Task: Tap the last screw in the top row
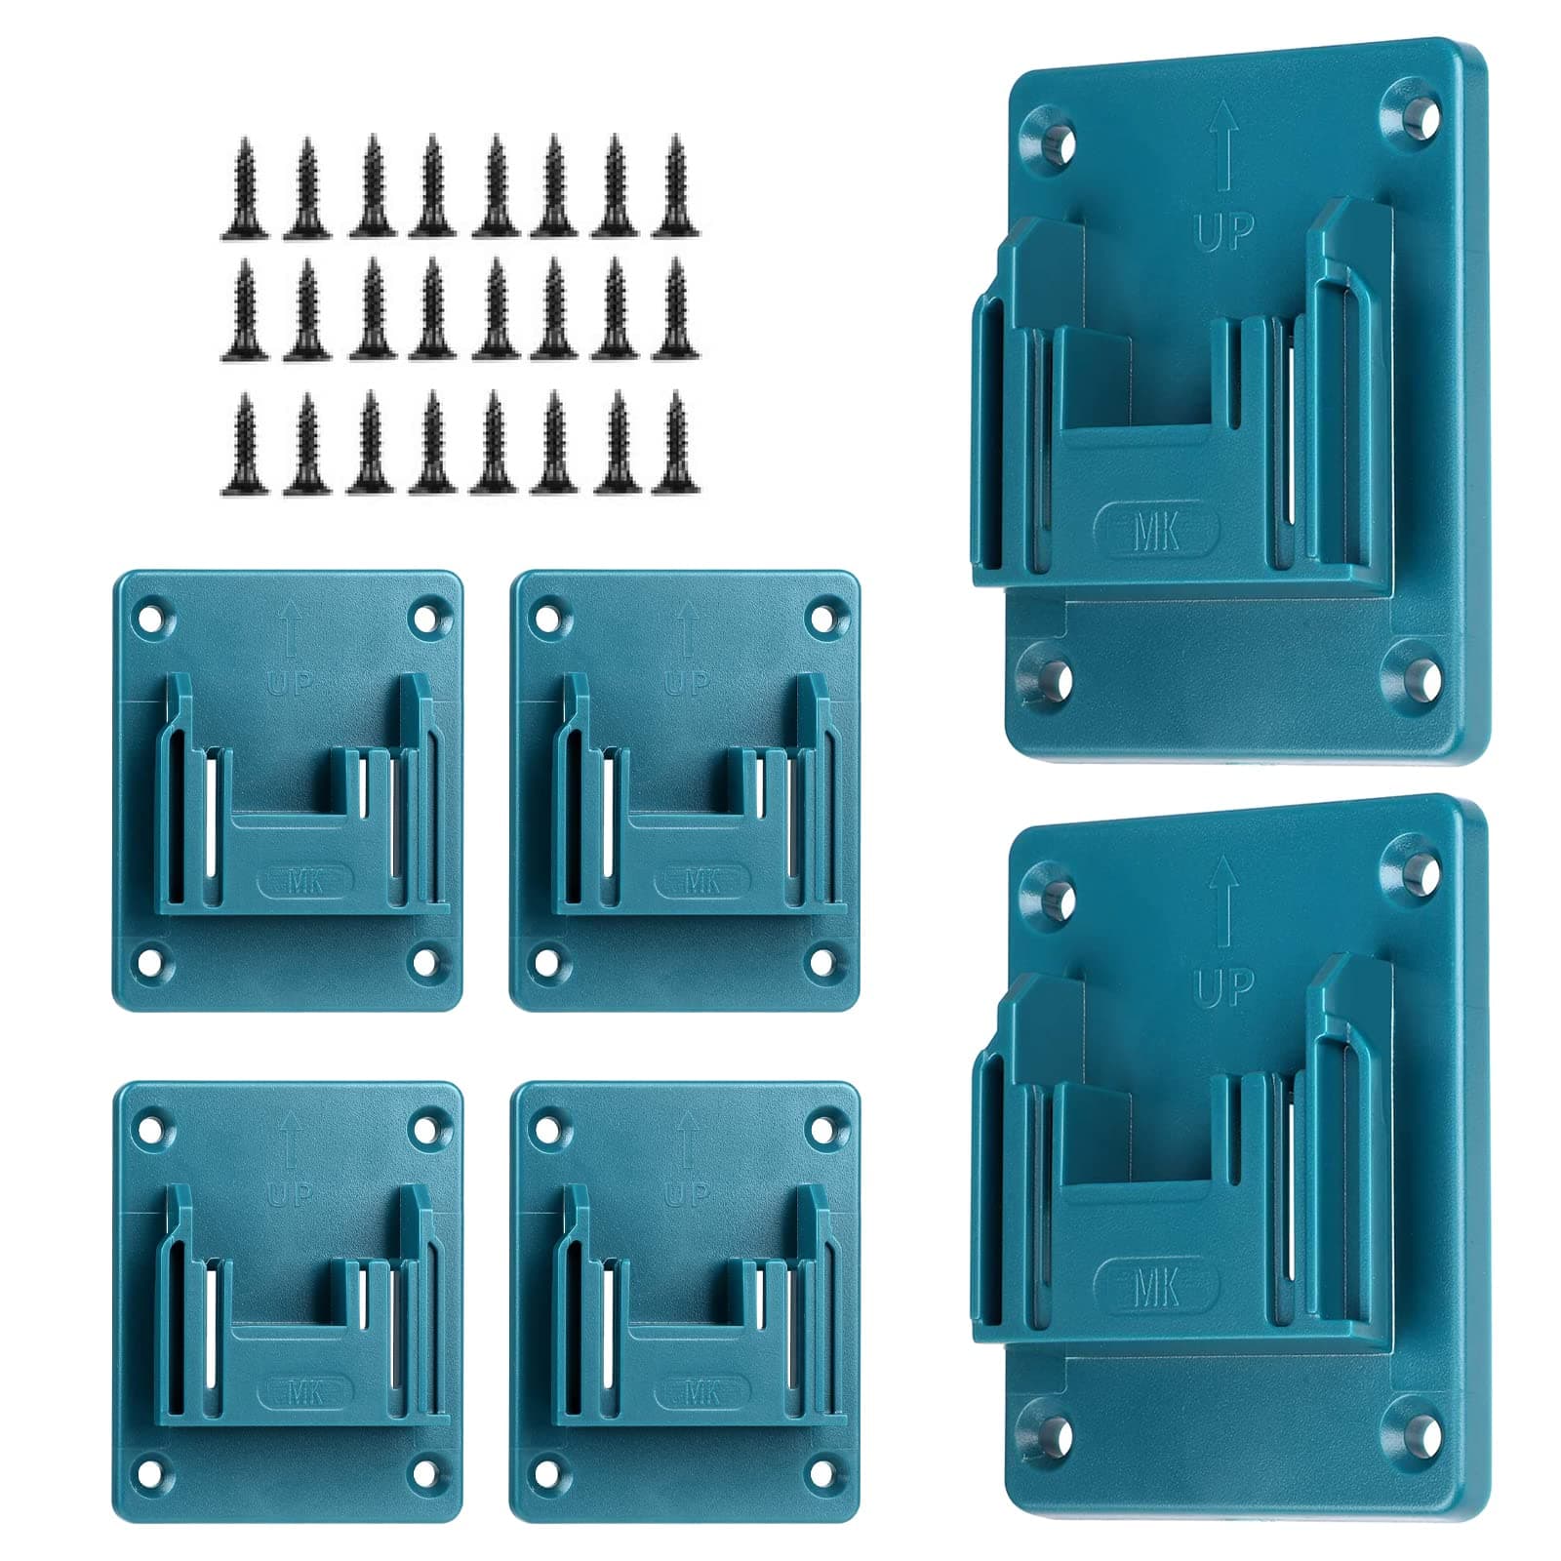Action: click(674, 185)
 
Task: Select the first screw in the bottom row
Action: click(244, 444)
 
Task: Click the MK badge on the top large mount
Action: click(1157, 532)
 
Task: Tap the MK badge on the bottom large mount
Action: click(1157, 1288)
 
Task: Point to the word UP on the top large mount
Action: click(1224, 232)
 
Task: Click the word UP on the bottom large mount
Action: click(1224, 988)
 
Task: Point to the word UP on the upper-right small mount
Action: click(688, 684)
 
